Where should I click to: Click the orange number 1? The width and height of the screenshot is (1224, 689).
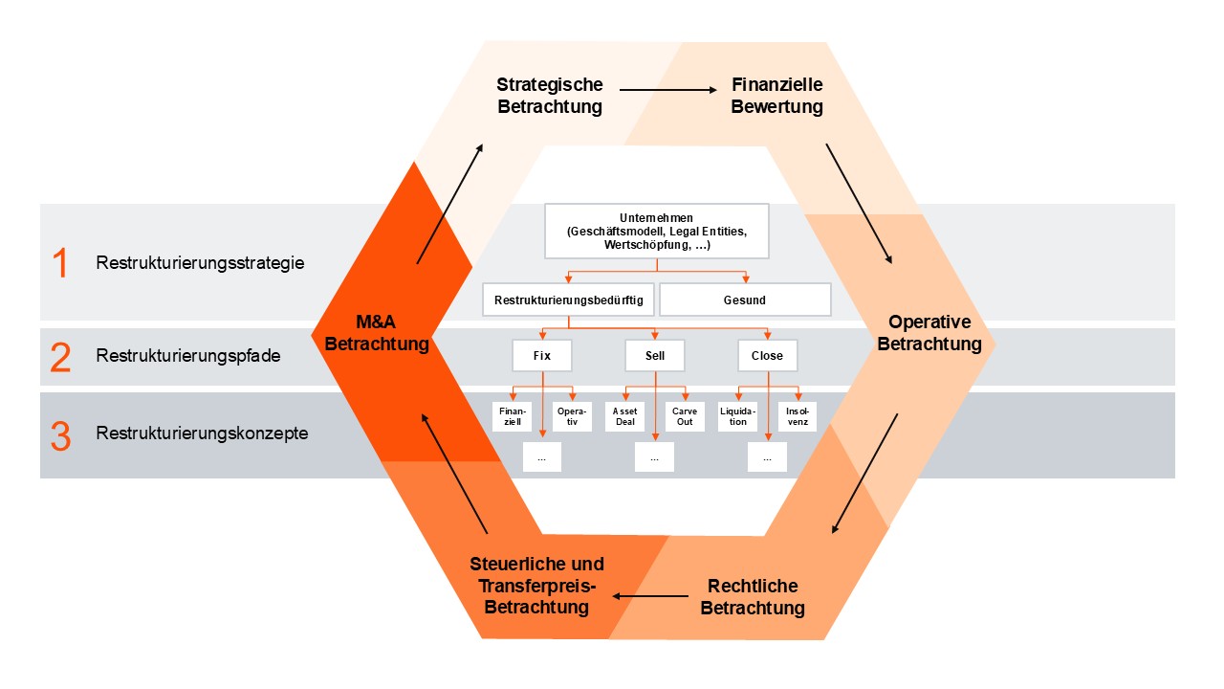[60, 262]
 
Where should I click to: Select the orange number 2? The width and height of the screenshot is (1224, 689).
[60, 357]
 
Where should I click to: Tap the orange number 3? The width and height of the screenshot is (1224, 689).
[60, 435]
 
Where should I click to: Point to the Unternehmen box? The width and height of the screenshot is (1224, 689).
[656, 231]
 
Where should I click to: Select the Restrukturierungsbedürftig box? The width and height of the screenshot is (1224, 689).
[568, 300]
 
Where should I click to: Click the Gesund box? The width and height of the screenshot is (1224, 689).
[744, 300]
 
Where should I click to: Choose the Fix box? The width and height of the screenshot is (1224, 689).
[541, 355]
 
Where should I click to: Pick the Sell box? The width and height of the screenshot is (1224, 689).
[654, 355]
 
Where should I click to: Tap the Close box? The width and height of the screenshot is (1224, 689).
[767, 355]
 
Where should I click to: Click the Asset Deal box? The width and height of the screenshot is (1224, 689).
[624, 416]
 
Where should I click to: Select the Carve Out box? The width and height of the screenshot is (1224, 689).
[685, 416]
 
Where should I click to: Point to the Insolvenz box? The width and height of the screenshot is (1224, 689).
[797, 416]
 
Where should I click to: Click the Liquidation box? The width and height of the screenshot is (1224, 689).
[737, 416]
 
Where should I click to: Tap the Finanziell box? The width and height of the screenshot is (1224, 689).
[512, 416]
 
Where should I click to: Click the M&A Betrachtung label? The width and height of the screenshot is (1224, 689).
[377, 333]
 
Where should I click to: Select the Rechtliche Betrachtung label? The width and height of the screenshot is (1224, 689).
[753, 596]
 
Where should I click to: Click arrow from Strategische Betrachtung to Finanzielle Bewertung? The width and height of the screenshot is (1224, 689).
[667, 90]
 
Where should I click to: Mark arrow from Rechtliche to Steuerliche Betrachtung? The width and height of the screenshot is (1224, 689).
[650, 596]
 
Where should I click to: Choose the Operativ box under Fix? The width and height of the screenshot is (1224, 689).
[572, 416]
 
